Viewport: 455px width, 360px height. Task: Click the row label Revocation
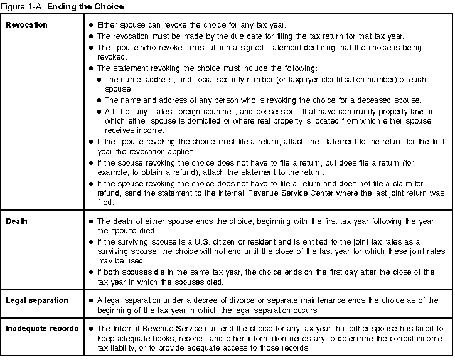coord(26,25)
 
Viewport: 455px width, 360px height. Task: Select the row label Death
coord(17,221)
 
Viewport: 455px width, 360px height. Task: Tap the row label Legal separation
coord(37,300)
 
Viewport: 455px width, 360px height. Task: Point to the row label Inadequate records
coord(42,329)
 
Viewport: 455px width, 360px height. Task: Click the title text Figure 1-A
coord(22,7)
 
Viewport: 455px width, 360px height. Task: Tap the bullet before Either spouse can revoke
coord(92,25)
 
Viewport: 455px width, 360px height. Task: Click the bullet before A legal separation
coord(92,300)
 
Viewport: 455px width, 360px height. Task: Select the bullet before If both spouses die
coord(92,272)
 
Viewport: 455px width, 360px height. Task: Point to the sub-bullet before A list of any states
coord(100,111)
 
